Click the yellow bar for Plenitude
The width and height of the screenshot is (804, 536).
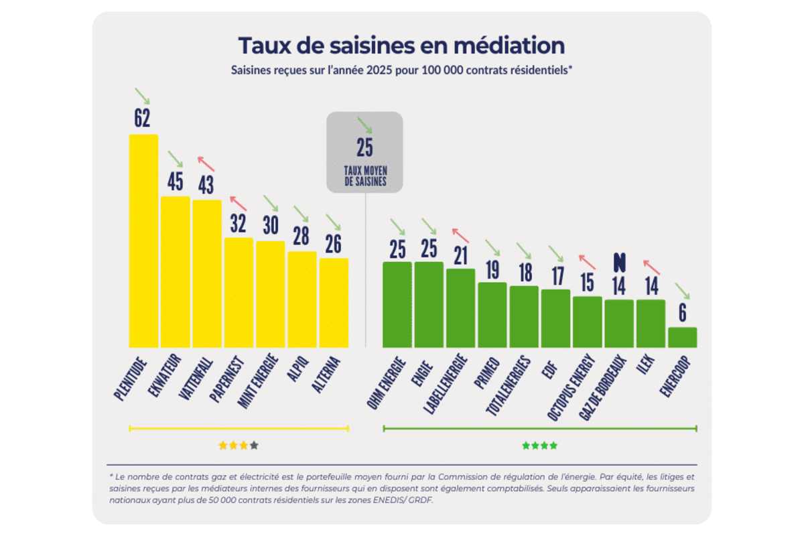[143, 241]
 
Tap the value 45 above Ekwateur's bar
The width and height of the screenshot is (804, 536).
[174, 182]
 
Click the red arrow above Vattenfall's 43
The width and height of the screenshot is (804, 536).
[206, 163]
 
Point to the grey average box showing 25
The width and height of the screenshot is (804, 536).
[364, 152]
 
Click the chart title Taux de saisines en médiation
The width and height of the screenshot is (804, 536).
[401, 46]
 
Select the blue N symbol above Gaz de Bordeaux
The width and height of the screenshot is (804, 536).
[619, 262]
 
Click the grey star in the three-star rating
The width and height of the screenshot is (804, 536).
[254, 445]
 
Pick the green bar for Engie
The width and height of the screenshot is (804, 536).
[429, 304]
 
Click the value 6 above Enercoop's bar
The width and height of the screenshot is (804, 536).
[683, 312]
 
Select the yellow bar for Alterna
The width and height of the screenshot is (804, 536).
[334, 302]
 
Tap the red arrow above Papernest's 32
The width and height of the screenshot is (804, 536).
[238, 202]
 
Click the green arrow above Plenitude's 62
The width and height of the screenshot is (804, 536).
[142, 95]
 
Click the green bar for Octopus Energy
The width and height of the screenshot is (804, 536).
[588, 322]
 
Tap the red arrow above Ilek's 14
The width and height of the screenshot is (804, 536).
[651, 267]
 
